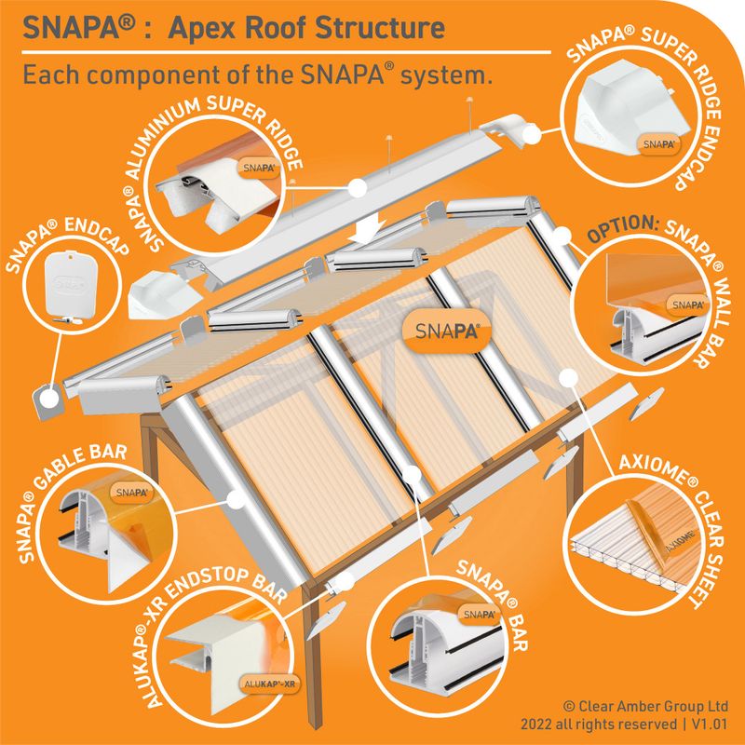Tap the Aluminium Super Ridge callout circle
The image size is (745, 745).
tap(216, 186)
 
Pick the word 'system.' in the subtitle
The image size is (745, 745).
tap(451, 74)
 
